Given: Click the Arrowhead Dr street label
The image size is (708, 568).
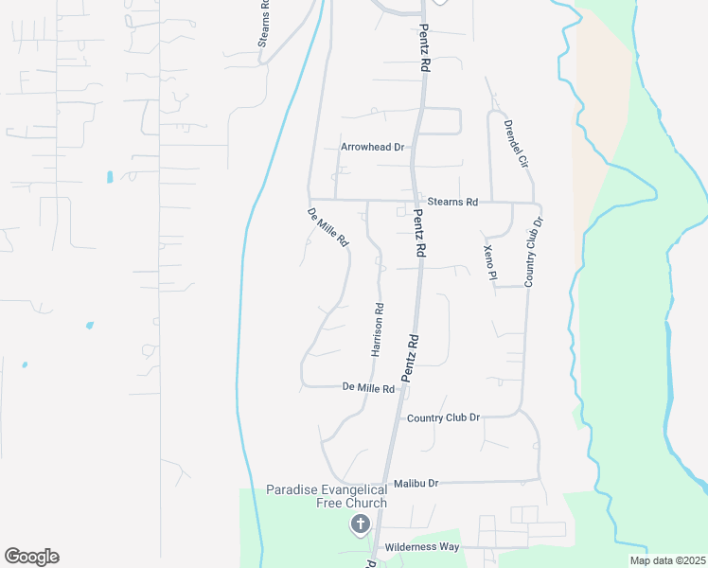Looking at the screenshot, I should point(372,147).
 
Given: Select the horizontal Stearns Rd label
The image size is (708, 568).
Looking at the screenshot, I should point(452,202).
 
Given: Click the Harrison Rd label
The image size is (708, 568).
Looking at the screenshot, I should point(377,329).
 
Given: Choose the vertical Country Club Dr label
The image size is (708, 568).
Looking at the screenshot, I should point(533,252).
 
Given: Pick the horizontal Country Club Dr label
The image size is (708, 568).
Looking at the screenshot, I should point(444,417).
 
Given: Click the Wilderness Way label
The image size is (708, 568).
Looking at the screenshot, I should point(422,547).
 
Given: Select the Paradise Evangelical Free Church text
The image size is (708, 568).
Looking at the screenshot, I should point(326,496).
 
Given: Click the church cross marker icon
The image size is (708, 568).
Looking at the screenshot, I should point(360,524).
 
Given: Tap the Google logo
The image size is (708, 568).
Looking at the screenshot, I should point(31,557).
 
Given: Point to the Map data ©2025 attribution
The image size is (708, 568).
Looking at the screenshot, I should point(666,560).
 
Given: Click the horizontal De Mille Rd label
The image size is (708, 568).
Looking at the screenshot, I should point(368,387).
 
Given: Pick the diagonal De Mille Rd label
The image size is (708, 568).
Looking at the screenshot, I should point(327,227).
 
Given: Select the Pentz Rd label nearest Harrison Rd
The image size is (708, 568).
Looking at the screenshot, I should point(410,357).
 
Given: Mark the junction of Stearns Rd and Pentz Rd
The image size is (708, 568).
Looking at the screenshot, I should point(413,201).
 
